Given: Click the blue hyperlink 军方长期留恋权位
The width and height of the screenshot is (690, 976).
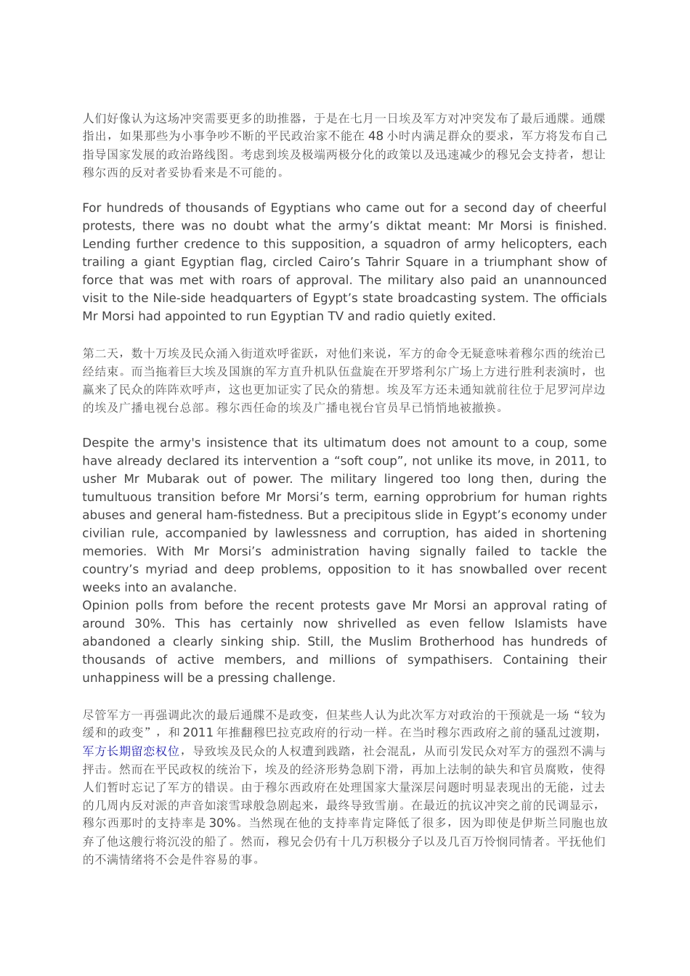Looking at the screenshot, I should tap(131, 751).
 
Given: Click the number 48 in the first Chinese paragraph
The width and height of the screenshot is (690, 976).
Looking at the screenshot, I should tap(376, 136).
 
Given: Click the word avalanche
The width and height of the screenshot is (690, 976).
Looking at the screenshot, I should tap(200, 587).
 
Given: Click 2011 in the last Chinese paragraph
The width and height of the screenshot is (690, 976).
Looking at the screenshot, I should tap(198, 733).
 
